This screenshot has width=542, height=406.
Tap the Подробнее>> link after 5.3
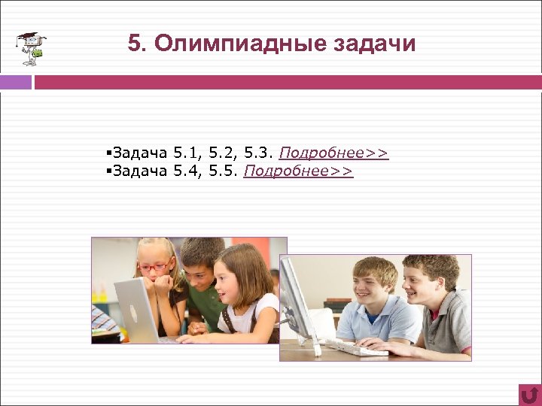point(333,154)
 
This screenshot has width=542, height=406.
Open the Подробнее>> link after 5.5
point(298,171)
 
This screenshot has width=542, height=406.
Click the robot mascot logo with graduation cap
point(32,49)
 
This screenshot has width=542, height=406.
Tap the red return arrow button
point(529,394)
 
